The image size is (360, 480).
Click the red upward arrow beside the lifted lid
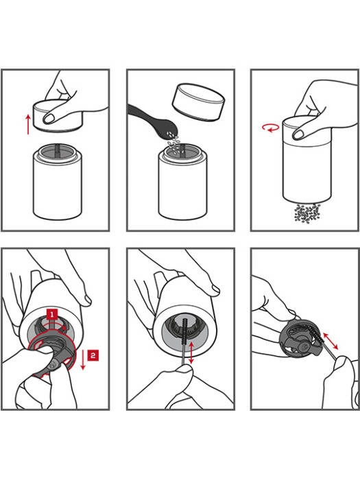28,125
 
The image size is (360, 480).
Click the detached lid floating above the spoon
198,103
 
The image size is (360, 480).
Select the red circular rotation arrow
271,128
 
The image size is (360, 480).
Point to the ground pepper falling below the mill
307,213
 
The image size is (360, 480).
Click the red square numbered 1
52,314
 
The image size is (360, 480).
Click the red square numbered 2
93,355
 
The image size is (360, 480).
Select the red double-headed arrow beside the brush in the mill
191,353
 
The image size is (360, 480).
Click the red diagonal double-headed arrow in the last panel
331,341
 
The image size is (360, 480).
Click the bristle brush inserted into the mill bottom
184,340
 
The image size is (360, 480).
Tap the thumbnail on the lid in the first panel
49,119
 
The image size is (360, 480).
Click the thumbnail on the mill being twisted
298,134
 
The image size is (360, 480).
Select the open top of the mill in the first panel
57,152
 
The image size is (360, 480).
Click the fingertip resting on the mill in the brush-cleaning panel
214,289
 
